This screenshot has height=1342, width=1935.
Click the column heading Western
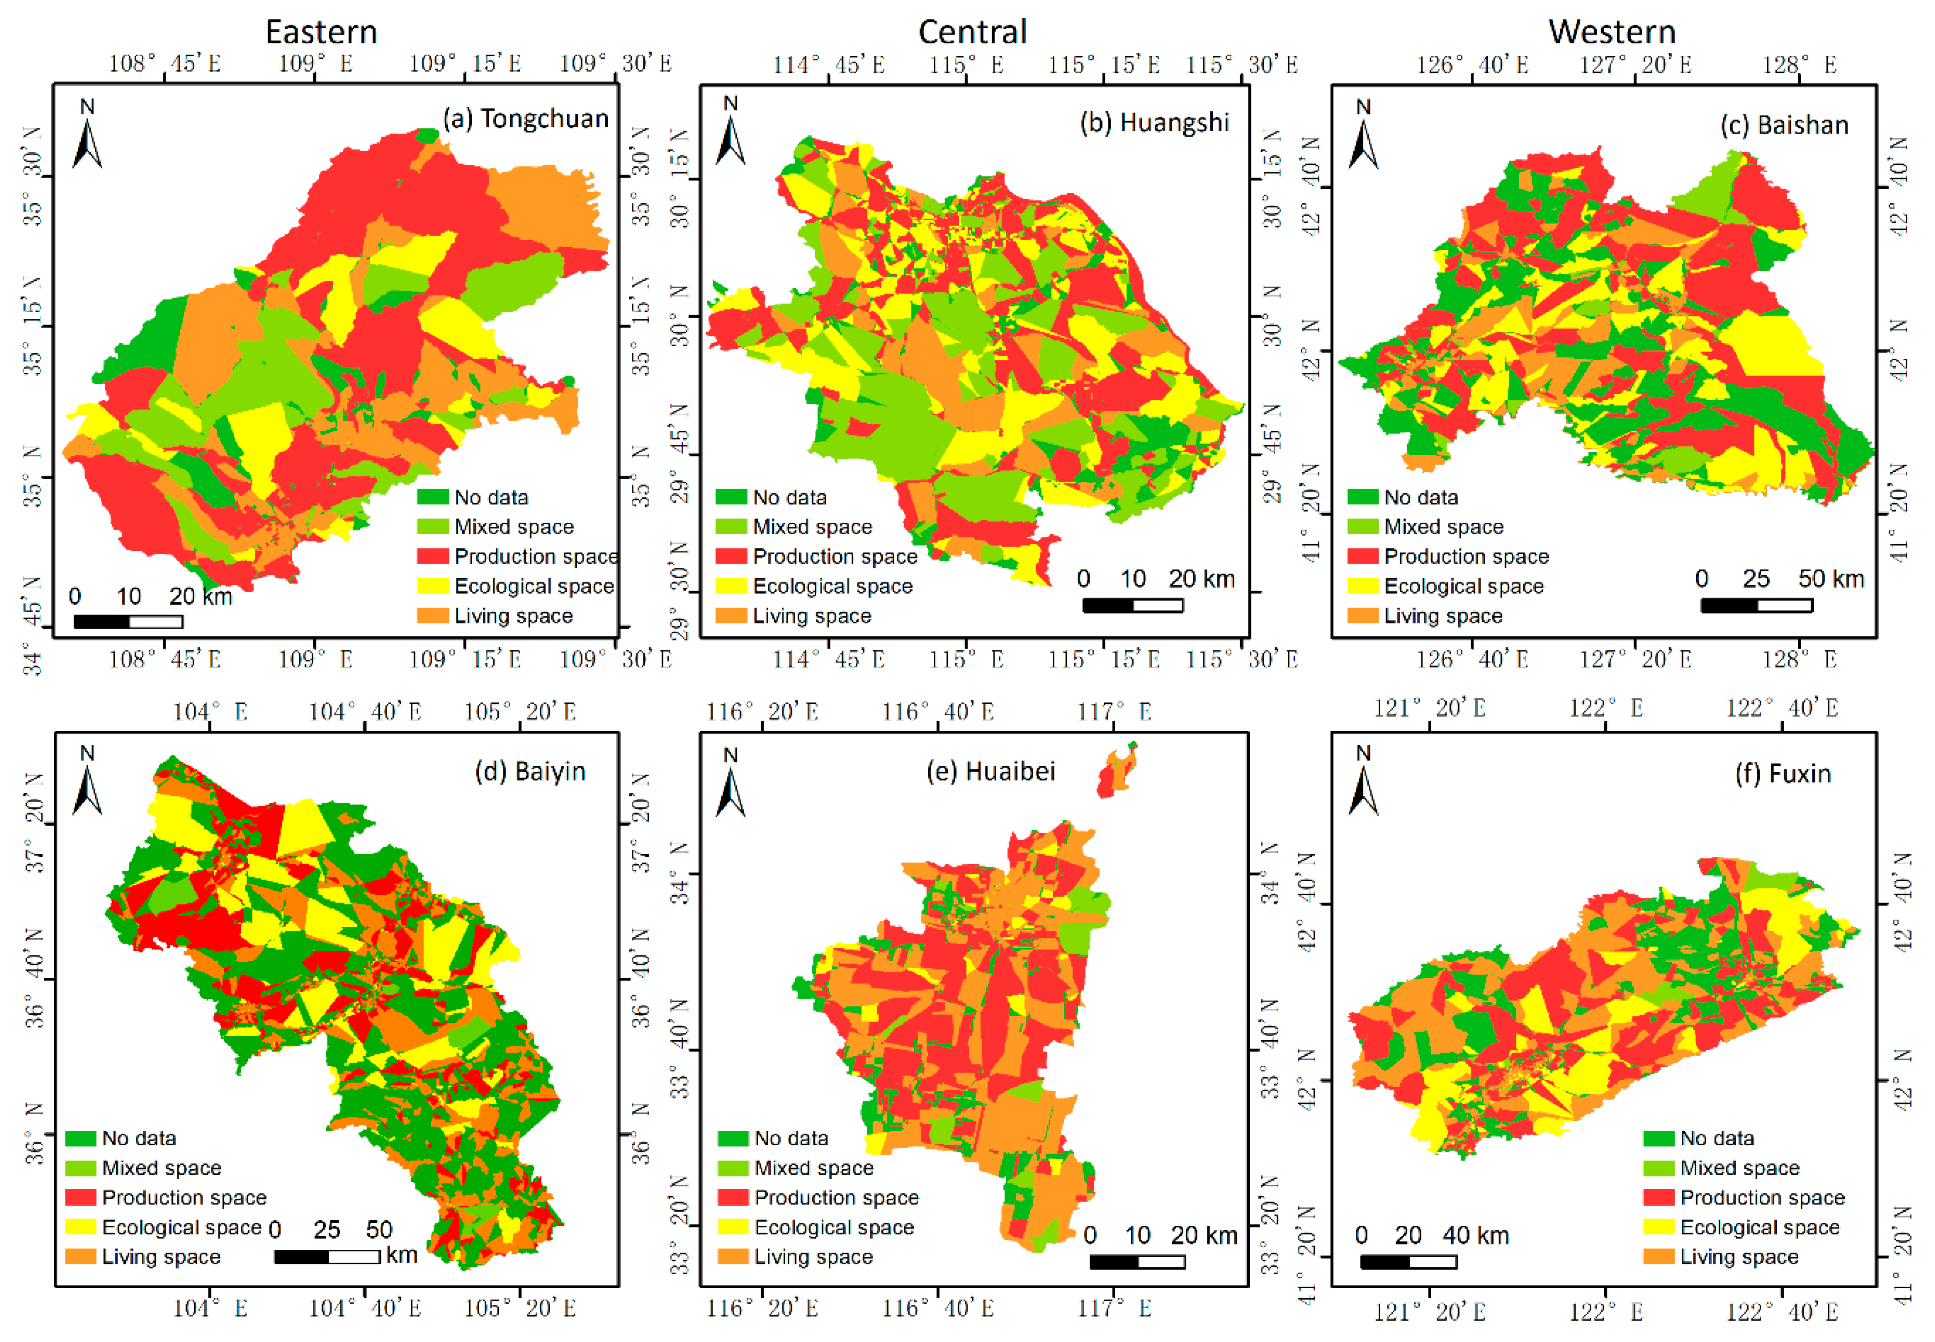pyautogui.click(x=1611, y=32)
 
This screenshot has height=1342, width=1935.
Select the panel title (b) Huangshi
pyautogui.click(x=1154, y=123)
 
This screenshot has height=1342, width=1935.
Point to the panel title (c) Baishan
pyautogui.click(x=1784, y=125)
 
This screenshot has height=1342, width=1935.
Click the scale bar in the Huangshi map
pyautogui.click(x=1132, y=604)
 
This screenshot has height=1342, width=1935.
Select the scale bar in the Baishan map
pyautogui.click(x=1756, y=604)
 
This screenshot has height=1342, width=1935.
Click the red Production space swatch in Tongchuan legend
pyautogui.click(x=432, y=557)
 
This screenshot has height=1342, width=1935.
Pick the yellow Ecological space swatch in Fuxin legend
pyautogui.click(x=1658, y=1227)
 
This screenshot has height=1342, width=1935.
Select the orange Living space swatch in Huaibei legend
pyautogui.click(x=732, y=1256)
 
